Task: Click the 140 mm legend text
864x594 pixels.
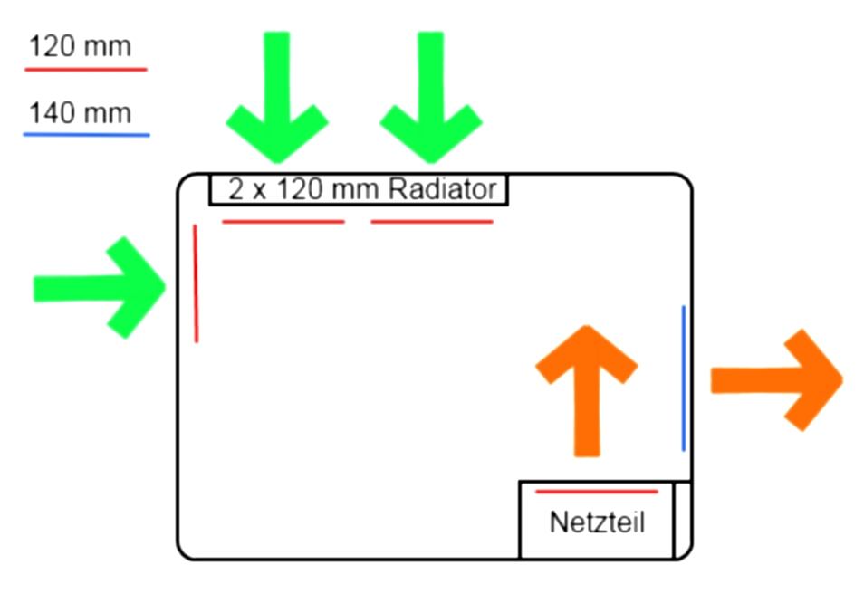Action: click(x=80, y=114)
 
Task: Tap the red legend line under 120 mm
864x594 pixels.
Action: click(x=86, y=69)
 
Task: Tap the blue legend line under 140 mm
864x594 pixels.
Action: click(x=86, y=135)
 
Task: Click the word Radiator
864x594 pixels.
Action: click(x=443, y=189)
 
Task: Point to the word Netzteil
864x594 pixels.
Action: click(x=597, y=522)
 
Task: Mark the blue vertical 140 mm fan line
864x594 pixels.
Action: click(x=684, y=378)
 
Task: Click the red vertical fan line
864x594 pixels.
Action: click(x=196, y=283)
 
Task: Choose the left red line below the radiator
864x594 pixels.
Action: click(x=283, y=221)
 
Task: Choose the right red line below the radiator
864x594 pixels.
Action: click(x=432, y=221)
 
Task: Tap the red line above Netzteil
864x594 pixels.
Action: click(x=596, y=492)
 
